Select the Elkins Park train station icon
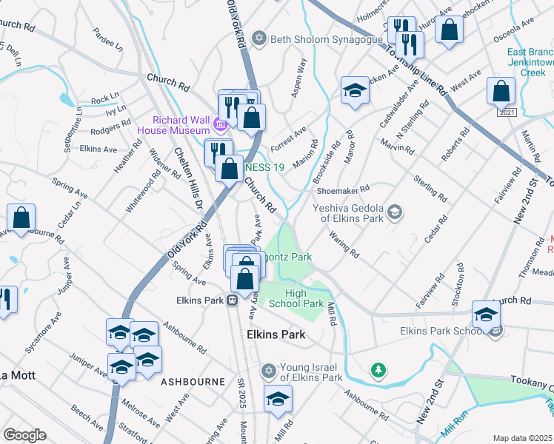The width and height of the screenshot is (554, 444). pos(232,300)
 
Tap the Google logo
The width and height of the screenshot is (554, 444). pos(25,434)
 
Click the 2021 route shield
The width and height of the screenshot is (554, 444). pos(507,112)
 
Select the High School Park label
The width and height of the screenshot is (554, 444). pos(304,298)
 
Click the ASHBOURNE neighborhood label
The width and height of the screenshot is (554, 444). pos(193,381)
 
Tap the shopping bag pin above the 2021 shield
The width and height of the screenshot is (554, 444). pos(501,92)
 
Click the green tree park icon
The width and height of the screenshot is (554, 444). pos(378,369)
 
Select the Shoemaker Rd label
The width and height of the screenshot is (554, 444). pos(342,190)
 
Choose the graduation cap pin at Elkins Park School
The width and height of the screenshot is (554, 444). pos(486,314)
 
